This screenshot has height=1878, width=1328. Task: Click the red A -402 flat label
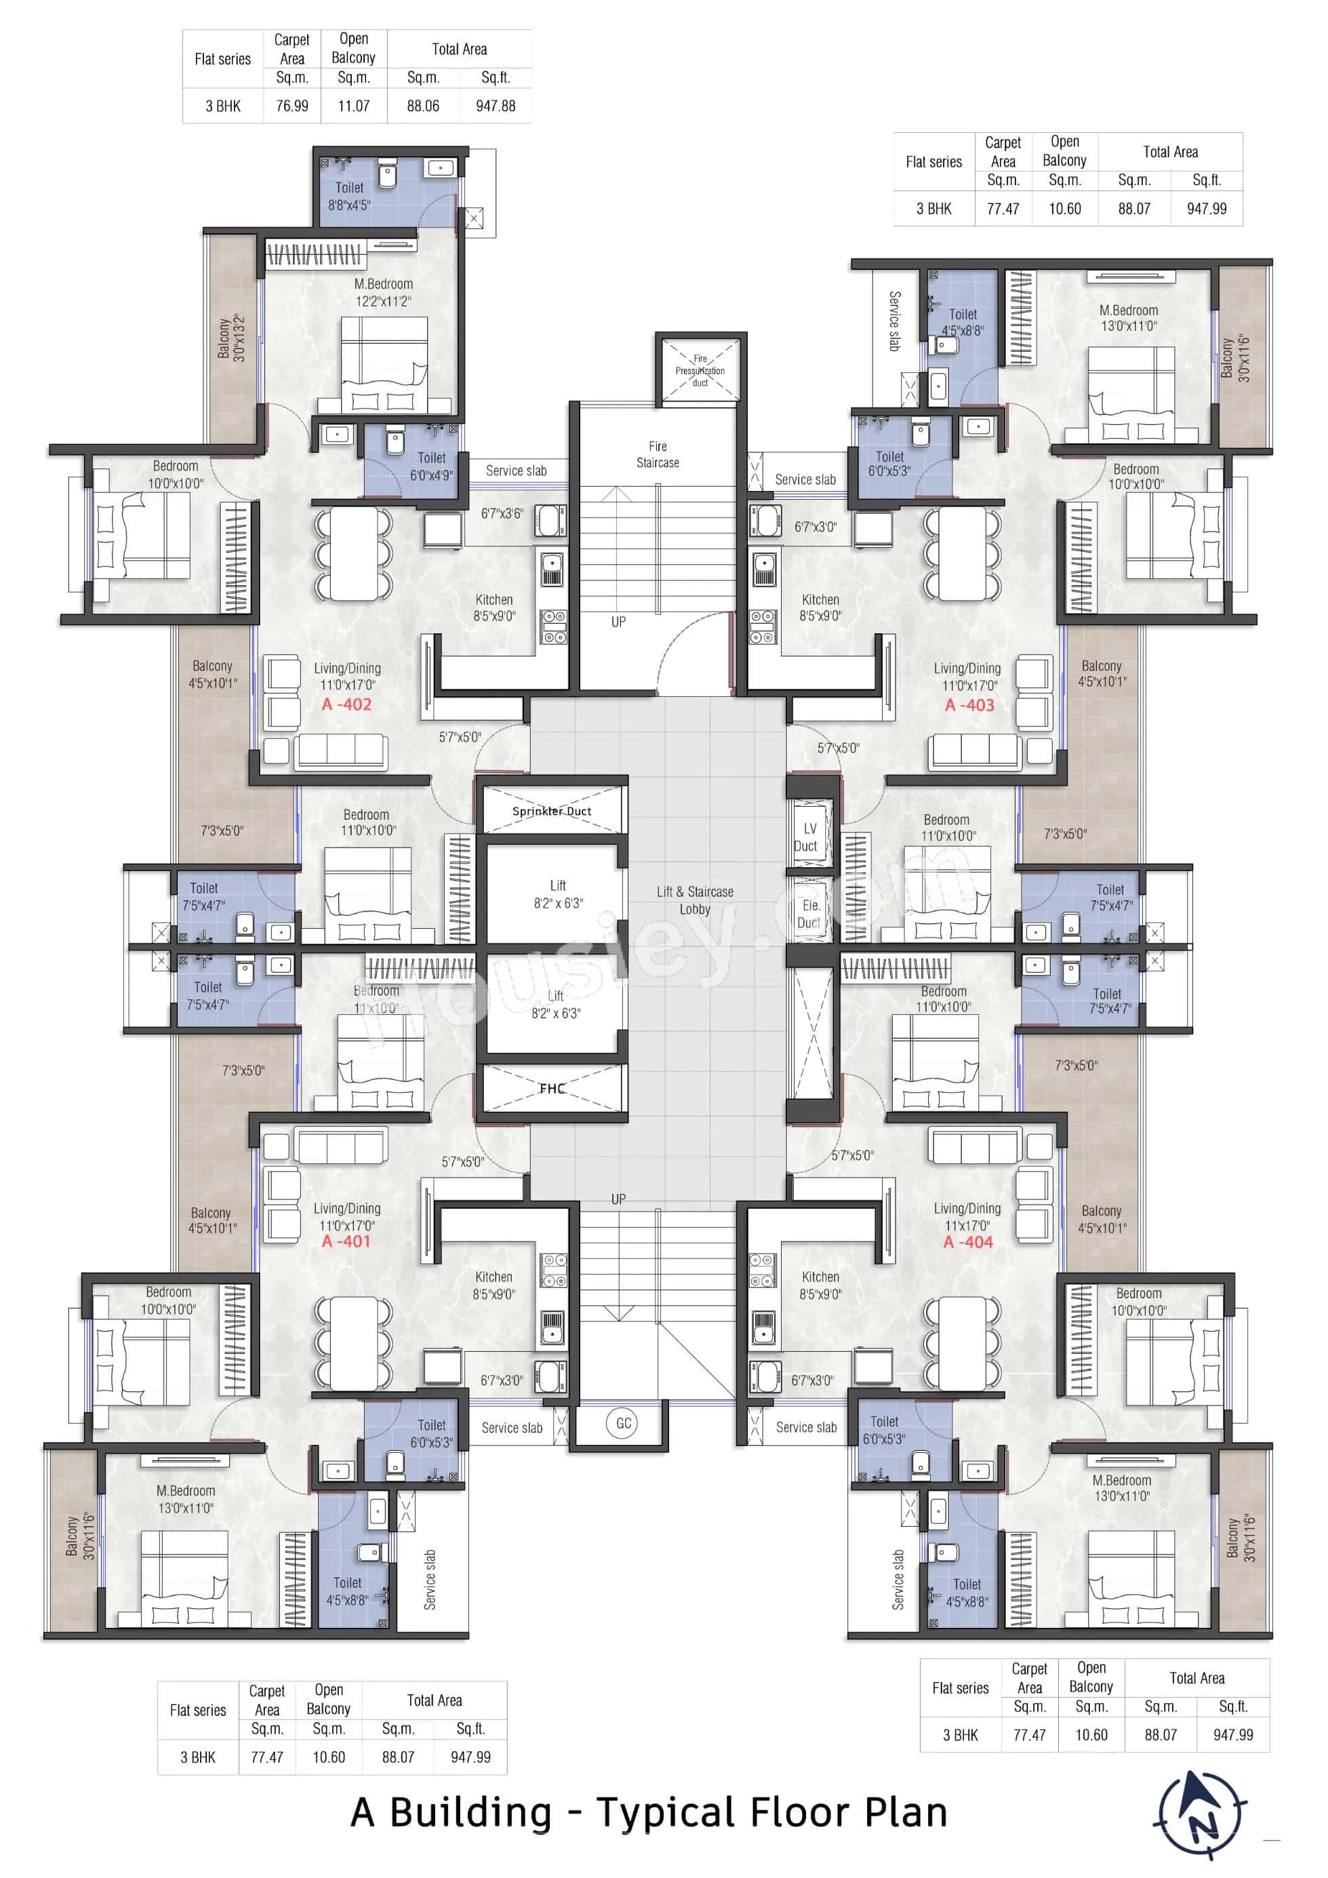click(346, 704)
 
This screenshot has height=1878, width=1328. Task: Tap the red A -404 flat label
click(967, 1241)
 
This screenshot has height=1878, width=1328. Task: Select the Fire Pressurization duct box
click(700, 369)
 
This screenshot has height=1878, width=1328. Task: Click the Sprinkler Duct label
click(552, 811)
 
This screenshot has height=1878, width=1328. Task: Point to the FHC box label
click(552, 1089)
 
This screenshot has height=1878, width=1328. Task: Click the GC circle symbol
click(623, 1423)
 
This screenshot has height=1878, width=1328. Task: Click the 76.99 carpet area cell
click(292, 106)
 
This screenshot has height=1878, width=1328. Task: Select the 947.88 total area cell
click(496, 106)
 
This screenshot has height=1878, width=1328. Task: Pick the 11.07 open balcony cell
click(353, 106)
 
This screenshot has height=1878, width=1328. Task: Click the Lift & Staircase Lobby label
click(694, 900)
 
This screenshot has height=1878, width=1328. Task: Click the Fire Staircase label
click(658, 454)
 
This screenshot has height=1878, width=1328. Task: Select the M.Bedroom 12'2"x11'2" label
click(383, 292)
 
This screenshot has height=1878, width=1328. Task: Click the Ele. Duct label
click(809, 914)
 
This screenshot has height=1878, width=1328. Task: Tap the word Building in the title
click(471, 1811)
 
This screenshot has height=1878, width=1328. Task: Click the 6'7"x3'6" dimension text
click(501, 514)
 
